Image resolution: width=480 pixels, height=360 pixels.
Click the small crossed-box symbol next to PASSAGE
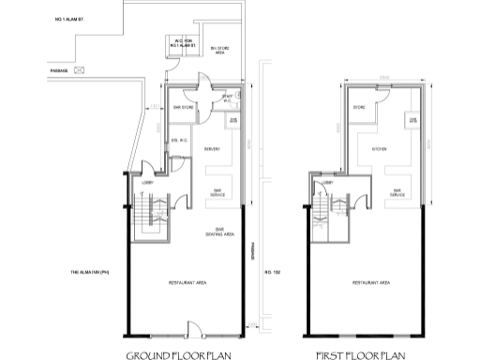coord(81,68)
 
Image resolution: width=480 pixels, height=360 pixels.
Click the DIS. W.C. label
coord(180,142)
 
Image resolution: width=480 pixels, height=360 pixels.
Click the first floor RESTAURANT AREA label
coord(372,282)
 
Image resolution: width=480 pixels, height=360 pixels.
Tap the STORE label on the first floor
coord(359,109)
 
